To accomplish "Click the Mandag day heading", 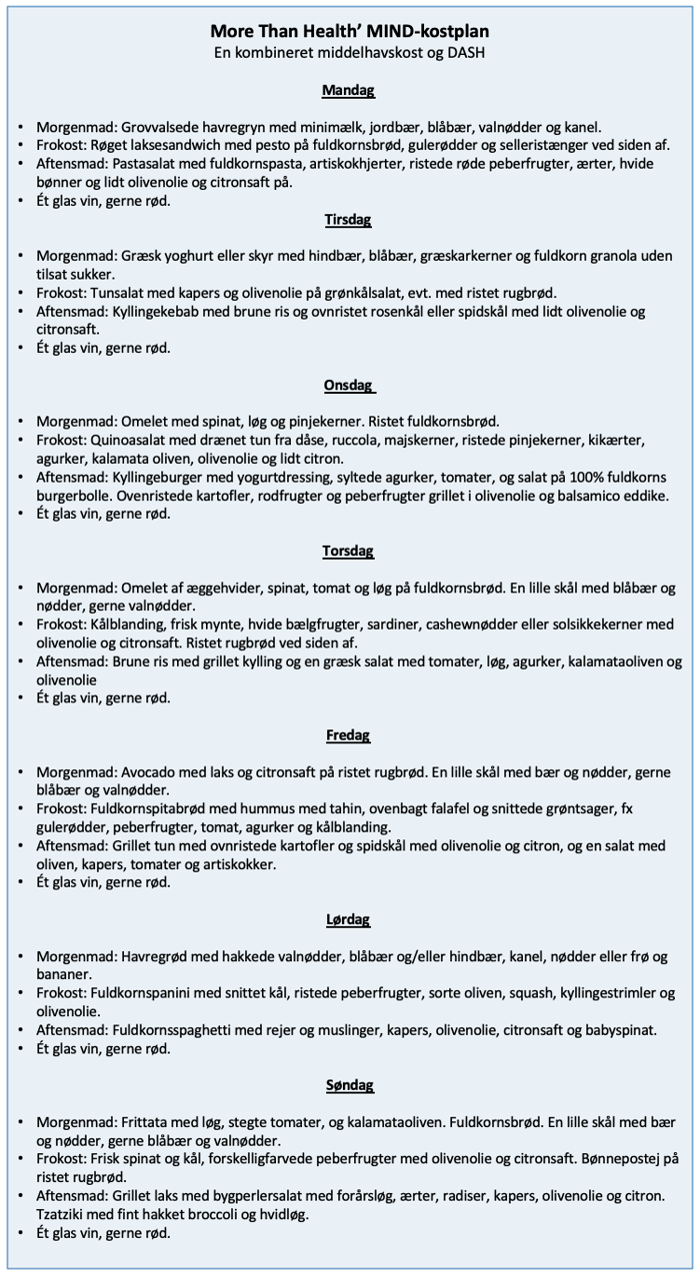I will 348,91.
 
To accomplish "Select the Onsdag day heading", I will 348,386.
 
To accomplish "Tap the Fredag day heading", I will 348,735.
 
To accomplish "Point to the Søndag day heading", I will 348,1084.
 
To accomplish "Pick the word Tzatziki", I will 67,1214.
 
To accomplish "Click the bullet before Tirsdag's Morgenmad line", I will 21,257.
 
